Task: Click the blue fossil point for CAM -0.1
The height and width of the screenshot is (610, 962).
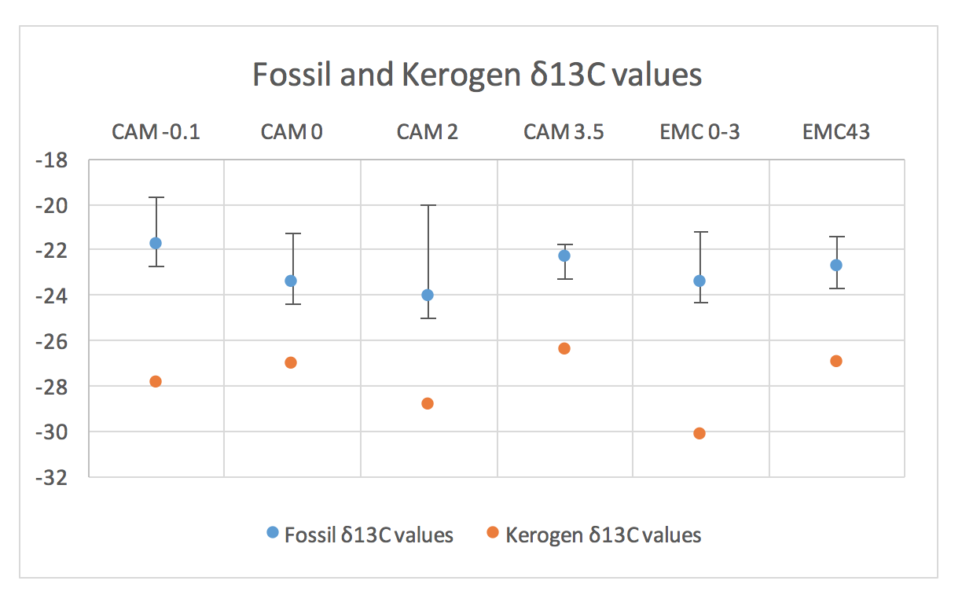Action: coord(156,243)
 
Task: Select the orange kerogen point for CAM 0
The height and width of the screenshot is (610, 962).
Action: coord(291,362)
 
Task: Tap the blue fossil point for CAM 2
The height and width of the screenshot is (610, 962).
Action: coord(428,295)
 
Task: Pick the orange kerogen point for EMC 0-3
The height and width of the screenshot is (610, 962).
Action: coord(699,433)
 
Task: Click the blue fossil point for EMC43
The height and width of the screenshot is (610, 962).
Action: coord(836,265)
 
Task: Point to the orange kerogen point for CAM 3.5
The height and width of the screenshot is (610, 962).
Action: coord(564,348)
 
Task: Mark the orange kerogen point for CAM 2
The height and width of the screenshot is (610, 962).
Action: coord(428,403)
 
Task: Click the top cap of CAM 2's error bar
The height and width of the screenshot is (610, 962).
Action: coord(428,205)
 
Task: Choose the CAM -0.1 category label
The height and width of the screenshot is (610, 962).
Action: coord(156,131)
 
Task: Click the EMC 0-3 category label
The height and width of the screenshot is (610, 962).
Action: coord(699,131)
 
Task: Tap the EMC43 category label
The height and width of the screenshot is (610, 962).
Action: coord(836,131)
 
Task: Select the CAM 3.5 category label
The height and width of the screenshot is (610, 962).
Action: coord(564,131)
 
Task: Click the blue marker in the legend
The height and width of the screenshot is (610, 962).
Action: coord(273,533)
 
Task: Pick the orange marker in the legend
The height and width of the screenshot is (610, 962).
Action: coord(493,533)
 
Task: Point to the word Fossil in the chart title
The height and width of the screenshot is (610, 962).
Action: coord(287,75)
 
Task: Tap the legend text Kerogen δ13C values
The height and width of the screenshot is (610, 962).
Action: coord(604,535)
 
